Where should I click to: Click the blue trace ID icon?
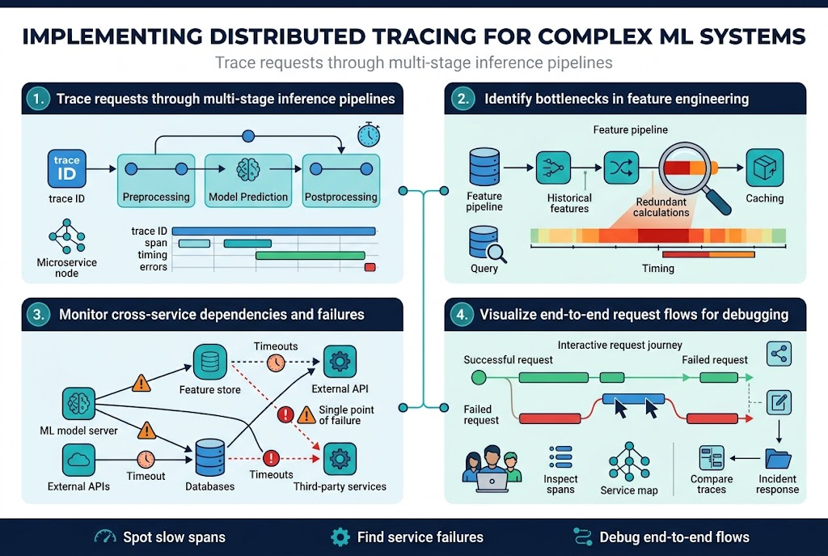point(66,168)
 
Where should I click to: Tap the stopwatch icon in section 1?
point(369,134)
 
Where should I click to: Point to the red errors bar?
point(370,267)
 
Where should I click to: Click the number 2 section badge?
point(463,100)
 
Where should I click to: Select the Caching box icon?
point(764,168)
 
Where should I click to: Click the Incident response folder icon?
point(778,459)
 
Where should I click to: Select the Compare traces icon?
point(712,459)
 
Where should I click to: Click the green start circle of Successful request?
point(479,377)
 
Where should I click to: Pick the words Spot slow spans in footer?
point(174,537)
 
